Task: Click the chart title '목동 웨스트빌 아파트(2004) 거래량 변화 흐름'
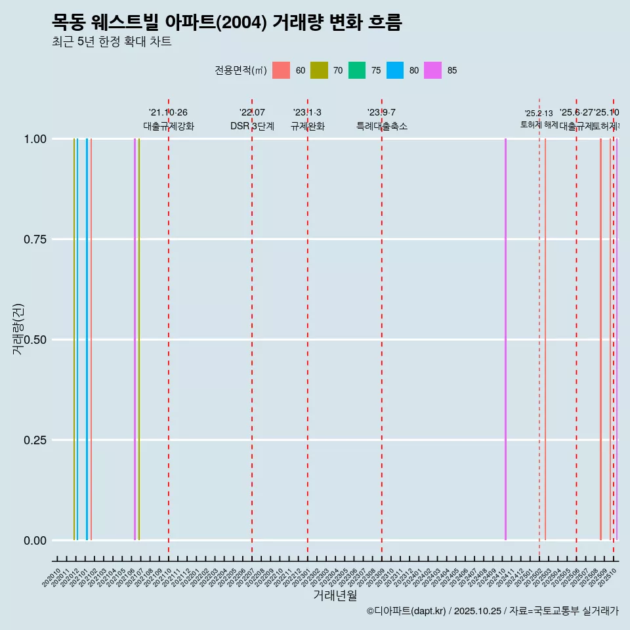click(226, 22)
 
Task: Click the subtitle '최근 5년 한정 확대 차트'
click(112, 42)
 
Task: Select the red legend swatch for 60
click(281, 70)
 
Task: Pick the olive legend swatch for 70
click(319, 70)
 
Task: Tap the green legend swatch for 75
click(357, 70)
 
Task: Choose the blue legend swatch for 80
click(395, 70)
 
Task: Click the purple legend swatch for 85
click(433, 70)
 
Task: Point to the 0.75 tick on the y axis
click(33, 240)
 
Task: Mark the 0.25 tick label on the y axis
click(33, 440)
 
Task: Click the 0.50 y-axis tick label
click(33, 340)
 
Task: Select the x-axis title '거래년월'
click(335, 596)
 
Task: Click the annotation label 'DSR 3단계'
click(252, 126)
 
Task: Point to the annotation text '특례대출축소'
click(381, 126)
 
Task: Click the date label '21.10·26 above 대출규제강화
click(168, 113)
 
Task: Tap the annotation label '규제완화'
click(307, 126)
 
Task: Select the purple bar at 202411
click(505, 339)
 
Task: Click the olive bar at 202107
click(139, 339)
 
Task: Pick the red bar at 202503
click(545, 339)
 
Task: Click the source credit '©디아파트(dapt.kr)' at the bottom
click(407, 611)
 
